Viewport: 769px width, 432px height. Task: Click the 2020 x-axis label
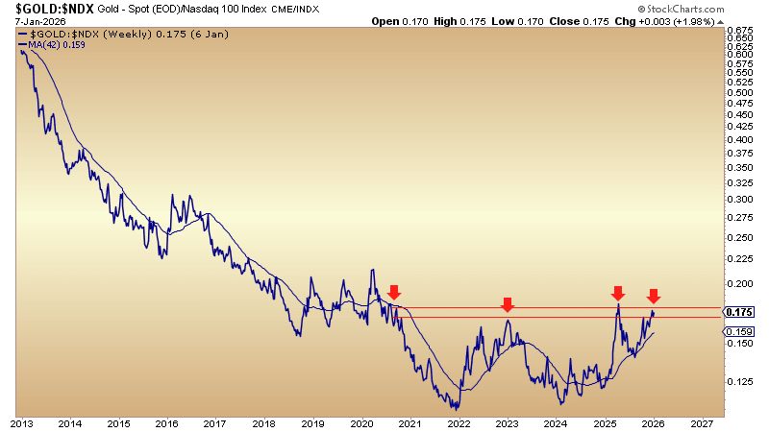(361, 423)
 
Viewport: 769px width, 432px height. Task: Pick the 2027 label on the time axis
(702, 423)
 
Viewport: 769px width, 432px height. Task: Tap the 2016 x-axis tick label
(167, 423)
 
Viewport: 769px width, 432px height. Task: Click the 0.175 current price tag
(739, 312)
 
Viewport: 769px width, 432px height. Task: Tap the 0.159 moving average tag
(739, 331)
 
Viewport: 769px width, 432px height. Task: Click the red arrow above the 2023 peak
(507, 305)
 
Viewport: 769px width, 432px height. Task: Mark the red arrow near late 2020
(394, 292)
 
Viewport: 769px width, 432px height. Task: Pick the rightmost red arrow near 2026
(653, 296)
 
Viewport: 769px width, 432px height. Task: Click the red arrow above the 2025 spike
(618, 292)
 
